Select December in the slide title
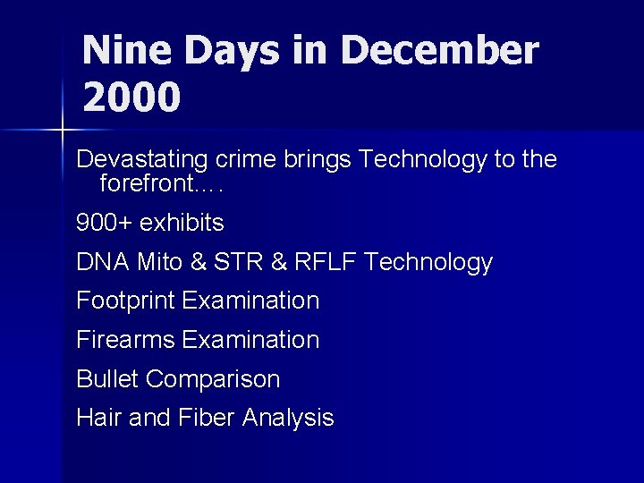point(439,51)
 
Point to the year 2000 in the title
point(131,97)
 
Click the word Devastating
point(142,160)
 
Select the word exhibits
point(182,223)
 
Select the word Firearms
point(126,340)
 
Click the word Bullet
point(107,379)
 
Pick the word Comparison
point(213,379)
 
